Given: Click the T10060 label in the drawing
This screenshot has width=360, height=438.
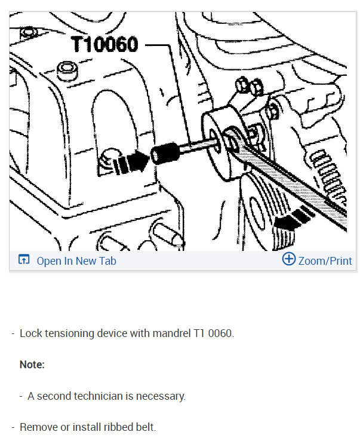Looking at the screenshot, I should click(x=105, y=45).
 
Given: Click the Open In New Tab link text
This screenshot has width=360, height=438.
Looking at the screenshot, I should click(x=76, y=261).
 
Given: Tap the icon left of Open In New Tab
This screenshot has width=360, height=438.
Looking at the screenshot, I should click(x=24, y=260).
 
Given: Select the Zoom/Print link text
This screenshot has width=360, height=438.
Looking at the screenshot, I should click(x=325, y=261).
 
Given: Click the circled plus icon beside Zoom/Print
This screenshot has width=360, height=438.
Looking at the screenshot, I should click(x=288, y=260).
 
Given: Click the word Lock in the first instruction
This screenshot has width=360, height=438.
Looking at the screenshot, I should click(x=30, y=333).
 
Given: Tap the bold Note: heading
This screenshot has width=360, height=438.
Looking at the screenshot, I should click(x=32, y=364).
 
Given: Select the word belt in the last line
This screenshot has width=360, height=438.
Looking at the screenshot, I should click(x=146, y=427).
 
